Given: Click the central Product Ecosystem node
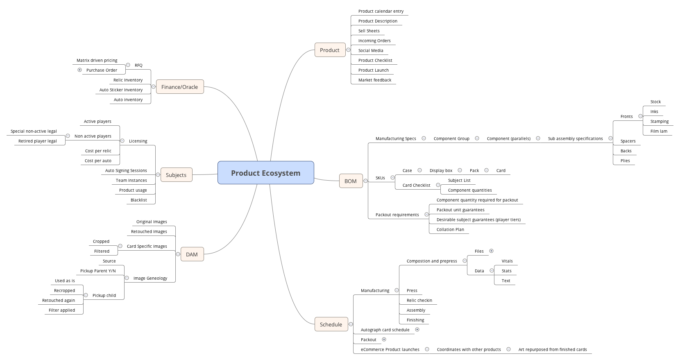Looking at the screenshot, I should click(x=265, y=173).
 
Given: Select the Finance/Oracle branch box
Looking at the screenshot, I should click(x=179, y=87).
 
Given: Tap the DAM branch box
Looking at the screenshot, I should click(x=192, y=254).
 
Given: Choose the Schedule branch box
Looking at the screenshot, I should click(x=331, y=324).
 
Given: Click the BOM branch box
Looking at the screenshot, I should click(x=350, y=181).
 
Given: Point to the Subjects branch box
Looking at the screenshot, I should click(x=176, y=175).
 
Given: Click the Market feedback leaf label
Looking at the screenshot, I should click(x=374, y=80).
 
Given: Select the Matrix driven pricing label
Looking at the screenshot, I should click(x=97, y=60).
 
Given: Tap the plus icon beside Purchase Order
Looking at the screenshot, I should click(x=79, y=70).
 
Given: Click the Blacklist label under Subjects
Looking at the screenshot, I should click(x=138, y=200).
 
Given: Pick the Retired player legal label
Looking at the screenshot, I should click(x=37, y=141).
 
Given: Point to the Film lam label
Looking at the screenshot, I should click(x=659, y=131).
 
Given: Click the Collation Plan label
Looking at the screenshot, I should click(x=450, y=229).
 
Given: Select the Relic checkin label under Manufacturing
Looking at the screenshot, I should click(x=419, y=300).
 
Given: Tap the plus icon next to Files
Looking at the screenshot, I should click(x=491, y=251).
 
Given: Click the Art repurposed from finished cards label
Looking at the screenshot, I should click(x=552, y=349).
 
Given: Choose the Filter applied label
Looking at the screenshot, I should click(x=61, y=310).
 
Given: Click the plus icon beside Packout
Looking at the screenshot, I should click(x=384, y=339).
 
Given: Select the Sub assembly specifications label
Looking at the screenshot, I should click(x=575, y=138).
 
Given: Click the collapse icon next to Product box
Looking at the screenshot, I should click(x=348, y=50).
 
